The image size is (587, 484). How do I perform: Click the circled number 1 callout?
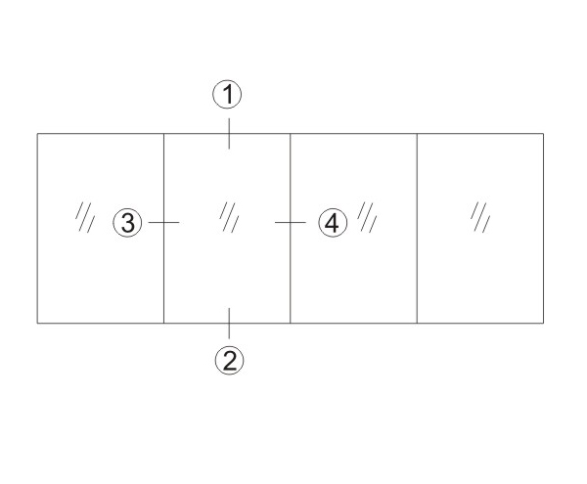228,95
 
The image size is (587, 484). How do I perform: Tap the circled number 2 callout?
229,360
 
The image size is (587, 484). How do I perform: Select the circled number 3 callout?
128,223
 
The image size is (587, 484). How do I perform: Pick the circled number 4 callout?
333,223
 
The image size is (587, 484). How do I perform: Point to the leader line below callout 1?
229,132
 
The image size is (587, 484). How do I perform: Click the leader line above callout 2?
229,324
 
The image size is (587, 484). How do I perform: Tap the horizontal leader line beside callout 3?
162,223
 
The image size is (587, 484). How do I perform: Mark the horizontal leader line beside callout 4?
292,223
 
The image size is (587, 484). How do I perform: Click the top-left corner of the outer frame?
37,133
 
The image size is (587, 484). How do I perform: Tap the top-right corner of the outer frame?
543,133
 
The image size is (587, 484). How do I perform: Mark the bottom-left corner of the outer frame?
37,323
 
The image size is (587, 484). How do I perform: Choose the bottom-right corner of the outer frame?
543,323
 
